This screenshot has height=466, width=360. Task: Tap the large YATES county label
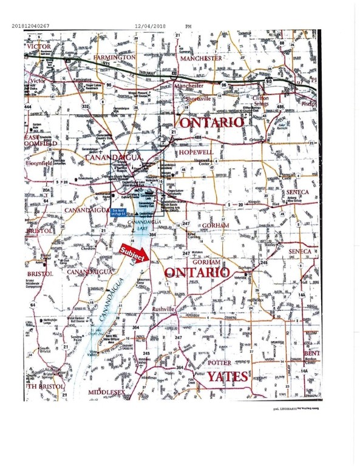[226, 377]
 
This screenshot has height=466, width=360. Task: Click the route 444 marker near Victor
[28, 107]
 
